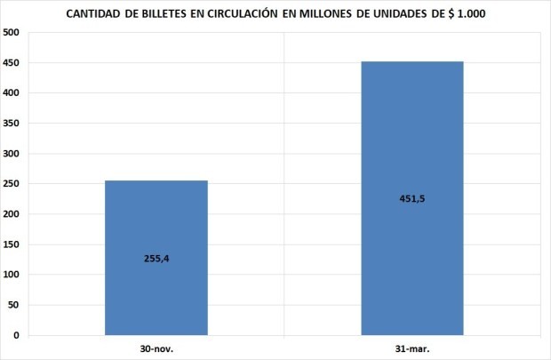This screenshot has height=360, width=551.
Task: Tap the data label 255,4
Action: point(156,259)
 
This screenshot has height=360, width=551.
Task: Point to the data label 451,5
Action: point(411,198)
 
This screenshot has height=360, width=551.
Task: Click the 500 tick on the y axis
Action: point(12,33)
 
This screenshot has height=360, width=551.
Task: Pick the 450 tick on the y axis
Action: point(12,63)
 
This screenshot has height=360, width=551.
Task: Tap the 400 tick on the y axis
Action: point(12,93)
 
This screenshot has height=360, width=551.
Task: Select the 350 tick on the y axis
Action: point(12,124)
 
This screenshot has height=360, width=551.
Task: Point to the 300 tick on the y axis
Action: point(12,154)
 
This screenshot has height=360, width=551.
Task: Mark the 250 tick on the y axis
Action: point(12,184)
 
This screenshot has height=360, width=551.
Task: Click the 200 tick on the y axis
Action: point(12,214)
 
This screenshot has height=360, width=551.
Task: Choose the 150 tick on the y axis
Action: point(12,244)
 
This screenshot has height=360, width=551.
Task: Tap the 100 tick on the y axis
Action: point(12,275)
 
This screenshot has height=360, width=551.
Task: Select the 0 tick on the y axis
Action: point(17,335)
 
